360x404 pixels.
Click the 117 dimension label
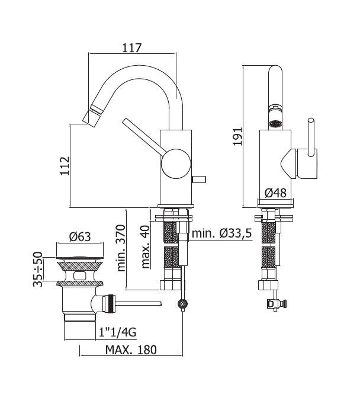(131, 48)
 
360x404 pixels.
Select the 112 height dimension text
(65, 166)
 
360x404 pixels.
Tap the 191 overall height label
(237, 136)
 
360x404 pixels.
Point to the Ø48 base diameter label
(275, 193)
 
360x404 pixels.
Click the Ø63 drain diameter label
(80, 237)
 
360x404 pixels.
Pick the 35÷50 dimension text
(38, 270)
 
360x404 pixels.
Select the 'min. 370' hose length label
(121, 248)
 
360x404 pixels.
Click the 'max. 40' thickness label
(146, 247)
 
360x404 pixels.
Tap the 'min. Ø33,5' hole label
(221, 233)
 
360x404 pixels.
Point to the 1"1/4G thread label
(117, 333)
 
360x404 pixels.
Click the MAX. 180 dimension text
(131, 350)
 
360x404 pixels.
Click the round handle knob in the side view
(176, 163)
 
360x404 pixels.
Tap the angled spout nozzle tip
(88, 116)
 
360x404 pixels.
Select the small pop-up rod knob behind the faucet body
(199, 179)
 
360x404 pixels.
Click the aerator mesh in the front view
(275, 124)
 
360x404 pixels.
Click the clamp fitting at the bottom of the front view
(277, 303)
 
